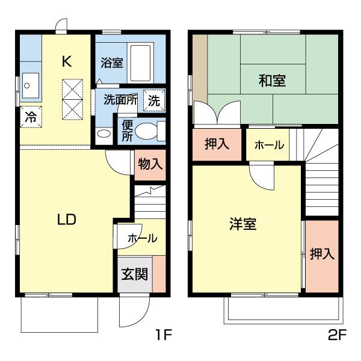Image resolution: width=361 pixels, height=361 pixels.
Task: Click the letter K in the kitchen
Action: click(67, 61)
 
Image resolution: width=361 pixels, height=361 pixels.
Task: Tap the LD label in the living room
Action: click(67, 220)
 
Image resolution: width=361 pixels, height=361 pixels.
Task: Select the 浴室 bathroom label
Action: click(112, 63)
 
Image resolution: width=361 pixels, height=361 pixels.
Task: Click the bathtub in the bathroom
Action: click(140, 63)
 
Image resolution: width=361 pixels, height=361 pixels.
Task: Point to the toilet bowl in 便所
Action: click(146, 131)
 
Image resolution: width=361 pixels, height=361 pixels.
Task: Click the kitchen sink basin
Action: click(31, 85)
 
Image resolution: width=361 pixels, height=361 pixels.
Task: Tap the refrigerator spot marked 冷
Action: click(31, 117)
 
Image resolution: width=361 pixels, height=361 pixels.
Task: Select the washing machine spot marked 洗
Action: click(154, 100)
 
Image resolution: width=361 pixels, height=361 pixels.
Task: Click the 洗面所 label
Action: click(120, 99)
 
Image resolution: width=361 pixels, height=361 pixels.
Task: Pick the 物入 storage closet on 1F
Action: click(150, 165)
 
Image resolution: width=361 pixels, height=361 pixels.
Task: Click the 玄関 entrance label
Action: click(134, 274)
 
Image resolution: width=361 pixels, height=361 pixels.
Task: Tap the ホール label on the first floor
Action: click(143, 238)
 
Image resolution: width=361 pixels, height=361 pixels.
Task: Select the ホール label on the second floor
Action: click(269, 145)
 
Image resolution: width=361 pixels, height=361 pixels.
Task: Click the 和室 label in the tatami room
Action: click(272, 81)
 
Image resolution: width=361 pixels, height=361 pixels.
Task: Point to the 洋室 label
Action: click(242, 224)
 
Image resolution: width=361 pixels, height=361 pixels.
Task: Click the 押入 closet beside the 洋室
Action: click(322, 256)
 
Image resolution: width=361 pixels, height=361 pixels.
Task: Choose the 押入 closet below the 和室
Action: click(217, 144)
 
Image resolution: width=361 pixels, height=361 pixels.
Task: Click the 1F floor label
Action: click(164, 335)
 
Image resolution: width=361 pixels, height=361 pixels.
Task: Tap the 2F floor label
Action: click(337, 335)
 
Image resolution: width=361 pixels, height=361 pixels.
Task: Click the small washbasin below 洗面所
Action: click(104, 134)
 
